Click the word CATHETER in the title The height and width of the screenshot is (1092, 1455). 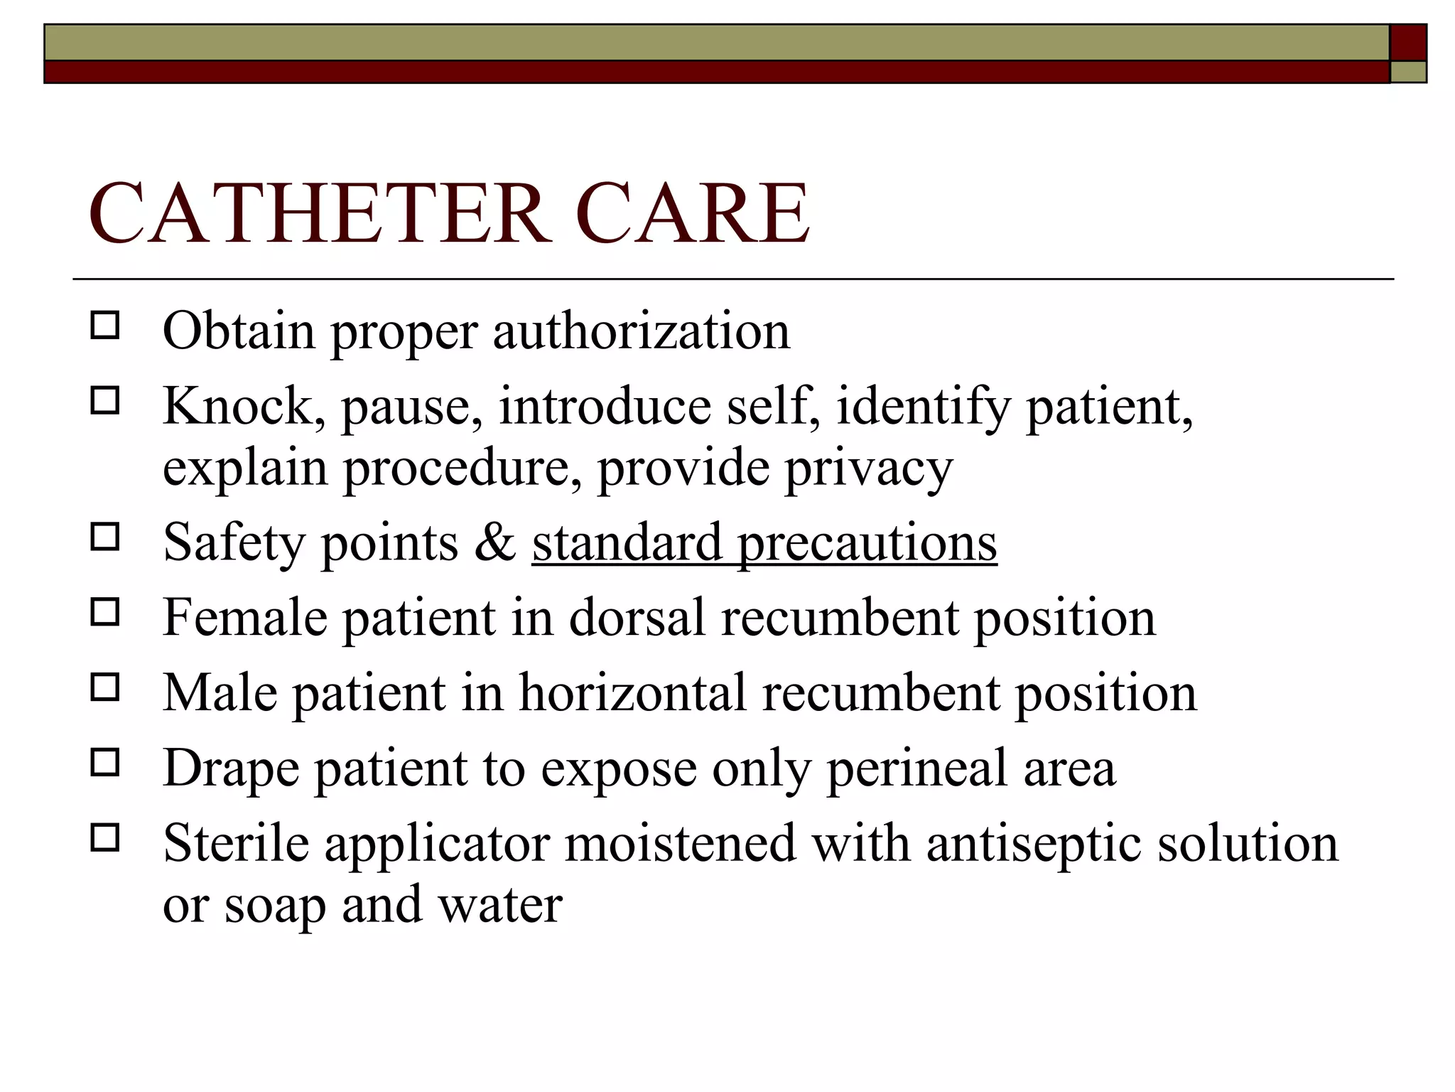click(320, 213)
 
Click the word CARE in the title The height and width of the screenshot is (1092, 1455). click(693, 213)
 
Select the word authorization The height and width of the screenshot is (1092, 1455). click(641, 331)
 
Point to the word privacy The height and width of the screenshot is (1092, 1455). click(868, 469)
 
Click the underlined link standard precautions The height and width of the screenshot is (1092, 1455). click(764, 543)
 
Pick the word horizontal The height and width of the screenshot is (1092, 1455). click(632, 692)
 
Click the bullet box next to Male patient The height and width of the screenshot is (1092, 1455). click(105, 687)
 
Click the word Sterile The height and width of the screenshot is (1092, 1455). click(236, 843)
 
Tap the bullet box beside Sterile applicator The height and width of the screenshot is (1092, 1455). click(105, 838)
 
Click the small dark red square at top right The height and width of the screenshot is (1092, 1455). click(1408, 43)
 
